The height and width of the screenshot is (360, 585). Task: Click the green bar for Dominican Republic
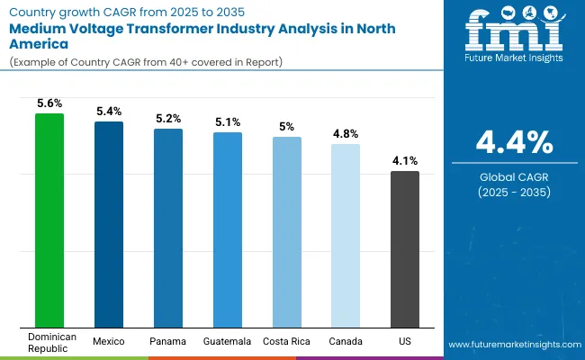tap(49, 220)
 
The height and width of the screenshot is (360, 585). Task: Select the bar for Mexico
tap(109, 225)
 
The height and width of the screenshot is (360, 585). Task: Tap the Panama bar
tap(167, 229)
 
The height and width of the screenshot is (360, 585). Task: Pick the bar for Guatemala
tap(227, 230)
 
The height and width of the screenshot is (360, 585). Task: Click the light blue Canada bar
tap(346, 236)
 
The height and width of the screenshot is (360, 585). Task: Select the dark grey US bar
tap(405, 249)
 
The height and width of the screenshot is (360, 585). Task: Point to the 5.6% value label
tap(49, 103)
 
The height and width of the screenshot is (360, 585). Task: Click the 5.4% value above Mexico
tap(109, 112)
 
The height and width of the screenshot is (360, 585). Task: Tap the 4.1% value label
tap(405, 161)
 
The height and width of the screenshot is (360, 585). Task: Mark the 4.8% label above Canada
tap(346, 134)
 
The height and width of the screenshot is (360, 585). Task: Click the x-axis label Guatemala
tap(227, 341)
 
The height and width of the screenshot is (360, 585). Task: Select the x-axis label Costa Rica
tap(286, 341)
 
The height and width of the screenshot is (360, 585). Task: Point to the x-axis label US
tap(405, 341)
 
